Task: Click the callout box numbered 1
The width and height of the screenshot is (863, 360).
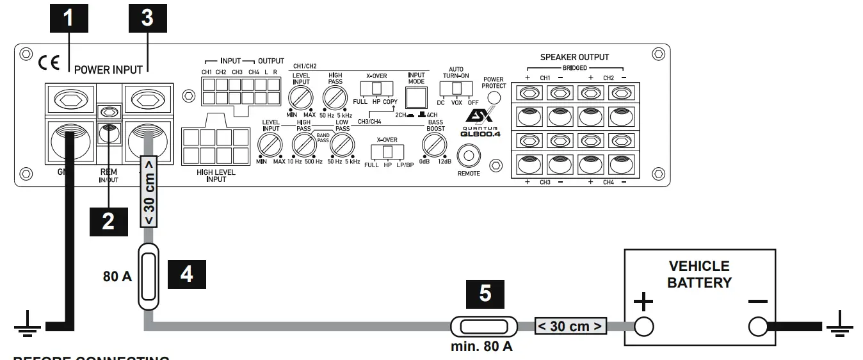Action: [x=68, y=18]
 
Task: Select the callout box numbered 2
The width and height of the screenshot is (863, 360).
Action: [x=109, y=220]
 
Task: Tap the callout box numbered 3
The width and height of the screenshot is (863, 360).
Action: [x=147, y=18]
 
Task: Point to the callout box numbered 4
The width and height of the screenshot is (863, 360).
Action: [x=186, y=275]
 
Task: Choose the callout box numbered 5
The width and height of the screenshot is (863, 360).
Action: [x=485, y=293]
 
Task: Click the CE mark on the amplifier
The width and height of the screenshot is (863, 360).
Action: [x=49, y=63]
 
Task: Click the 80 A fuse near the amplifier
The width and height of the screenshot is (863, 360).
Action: [x=149, y=277]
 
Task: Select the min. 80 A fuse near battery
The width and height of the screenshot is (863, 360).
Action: [x=484, y=327]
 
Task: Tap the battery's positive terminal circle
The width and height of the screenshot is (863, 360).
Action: [x=643, y=327]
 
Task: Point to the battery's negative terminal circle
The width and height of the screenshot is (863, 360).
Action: [x=758, y=327]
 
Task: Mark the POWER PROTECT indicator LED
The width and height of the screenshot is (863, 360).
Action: [x=494, y=97]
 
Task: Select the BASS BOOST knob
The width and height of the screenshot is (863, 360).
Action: [x=435, y=148]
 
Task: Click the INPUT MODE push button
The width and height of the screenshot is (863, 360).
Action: [x=417, y=97]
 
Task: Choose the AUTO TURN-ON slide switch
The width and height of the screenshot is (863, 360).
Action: [x=457, y=88]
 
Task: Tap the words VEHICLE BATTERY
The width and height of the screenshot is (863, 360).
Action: [x=699, y=274]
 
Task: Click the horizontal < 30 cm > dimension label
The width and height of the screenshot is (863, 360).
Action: [x=570, y=327]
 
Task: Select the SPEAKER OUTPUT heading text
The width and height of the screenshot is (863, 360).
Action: [x=574, y=57]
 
